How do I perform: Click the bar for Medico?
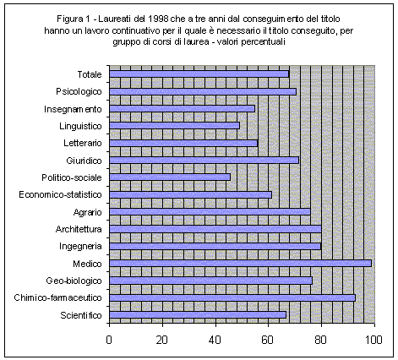(x=240, y=264)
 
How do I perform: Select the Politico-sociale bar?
(x=170, y=177)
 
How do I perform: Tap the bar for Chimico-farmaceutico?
(x=232, y=297)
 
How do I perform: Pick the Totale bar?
(x=199, y=74)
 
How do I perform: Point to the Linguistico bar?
(x=174, y=126)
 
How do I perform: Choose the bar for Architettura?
(x=215, y=229)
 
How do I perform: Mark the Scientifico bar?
(x=198, y=315)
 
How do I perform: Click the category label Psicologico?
(x=79, y=92)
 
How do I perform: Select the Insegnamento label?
(x=73, y=109)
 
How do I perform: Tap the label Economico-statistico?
(x=60, y=194)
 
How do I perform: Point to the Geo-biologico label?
(x=74, y=281)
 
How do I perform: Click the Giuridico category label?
(x=84, y=161)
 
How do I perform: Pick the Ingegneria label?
(x=80, y=247)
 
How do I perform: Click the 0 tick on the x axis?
(x=109, y=340)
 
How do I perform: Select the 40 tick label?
(x=215, y=340)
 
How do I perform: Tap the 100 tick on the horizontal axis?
(x=374, y=340)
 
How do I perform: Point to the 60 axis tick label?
(x=268, y=340)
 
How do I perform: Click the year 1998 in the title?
(x=158, y=19)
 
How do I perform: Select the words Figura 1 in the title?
(x=74, y=19)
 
